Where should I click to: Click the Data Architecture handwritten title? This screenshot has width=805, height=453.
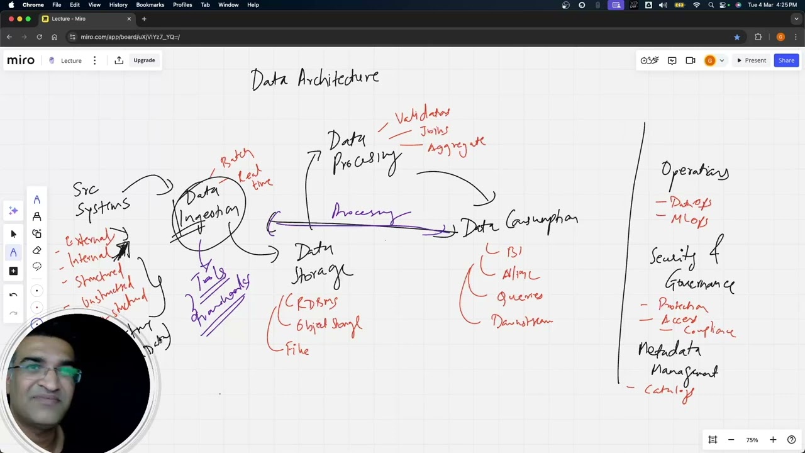pyautogui.click(x=315, y=79)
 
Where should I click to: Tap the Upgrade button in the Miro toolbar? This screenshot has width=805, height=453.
pyautogui.click(x=144, y=60)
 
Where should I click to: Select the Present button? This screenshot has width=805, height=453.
pyautogui.click(x=752, y=60)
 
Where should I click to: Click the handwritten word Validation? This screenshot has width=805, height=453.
pyautogui.click(x=422, y=115)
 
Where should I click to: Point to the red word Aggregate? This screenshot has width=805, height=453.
pyautogui.click(x=456, y=146)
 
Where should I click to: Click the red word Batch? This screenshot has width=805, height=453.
pyautogui.click(x=237, y=158)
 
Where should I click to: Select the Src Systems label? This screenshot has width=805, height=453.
pyautogui.click(x=102, y=199)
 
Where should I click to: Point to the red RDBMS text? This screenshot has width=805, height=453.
pyautogui.click(x=316, y=303)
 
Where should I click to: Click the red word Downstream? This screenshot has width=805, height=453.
pyautogui.click(x=521, y=322)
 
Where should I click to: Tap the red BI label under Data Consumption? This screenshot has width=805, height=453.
pyautogui.click(x=514, y=252)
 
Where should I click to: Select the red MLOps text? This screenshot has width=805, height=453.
pyautogui.click(x=689, y=220)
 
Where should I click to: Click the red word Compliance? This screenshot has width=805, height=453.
pyautogui.click(x=709, y=330)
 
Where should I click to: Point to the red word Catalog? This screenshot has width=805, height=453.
pyautogui.click(x=669, y=391)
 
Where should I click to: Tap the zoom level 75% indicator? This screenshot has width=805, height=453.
pyautogui.click(x=752, y=440)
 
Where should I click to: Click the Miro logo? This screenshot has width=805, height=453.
pyautogui.click(x=21, y=60)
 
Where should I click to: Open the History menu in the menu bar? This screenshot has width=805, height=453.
pyautogui.click(x=118, y=5)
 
